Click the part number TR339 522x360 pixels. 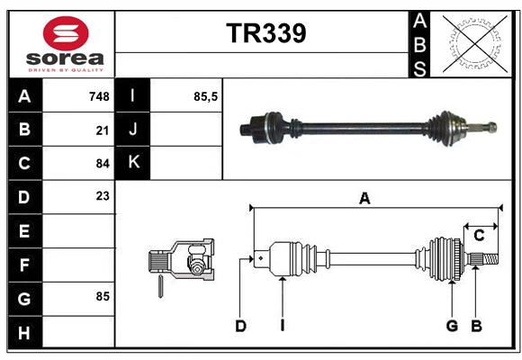tap(265, 33)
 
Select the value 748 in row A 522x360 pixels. tap(98, 96)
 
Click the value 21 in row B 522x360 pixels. tap(102, 130)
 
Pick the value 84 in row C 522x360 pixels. tap(102, 163)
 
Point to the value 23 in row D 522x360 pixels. tap(102, 195)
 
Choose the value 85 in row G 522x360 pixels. tap(102, 295)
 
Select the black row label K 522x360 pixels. tap(134, 162)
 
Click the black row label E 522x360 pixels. tap(23, 231)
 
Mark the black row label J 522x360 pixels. tap(134, 130)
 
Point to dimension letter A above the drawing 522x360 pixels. tap(364, 199)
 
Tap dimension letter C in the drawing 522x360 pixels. tap(479, 236)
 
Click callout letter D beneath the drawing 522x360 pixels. tap(240, 326)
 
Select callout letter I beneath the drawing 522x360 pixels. tap(282, 326)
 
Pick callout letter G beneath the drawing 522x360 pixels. tap(452, 326)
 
